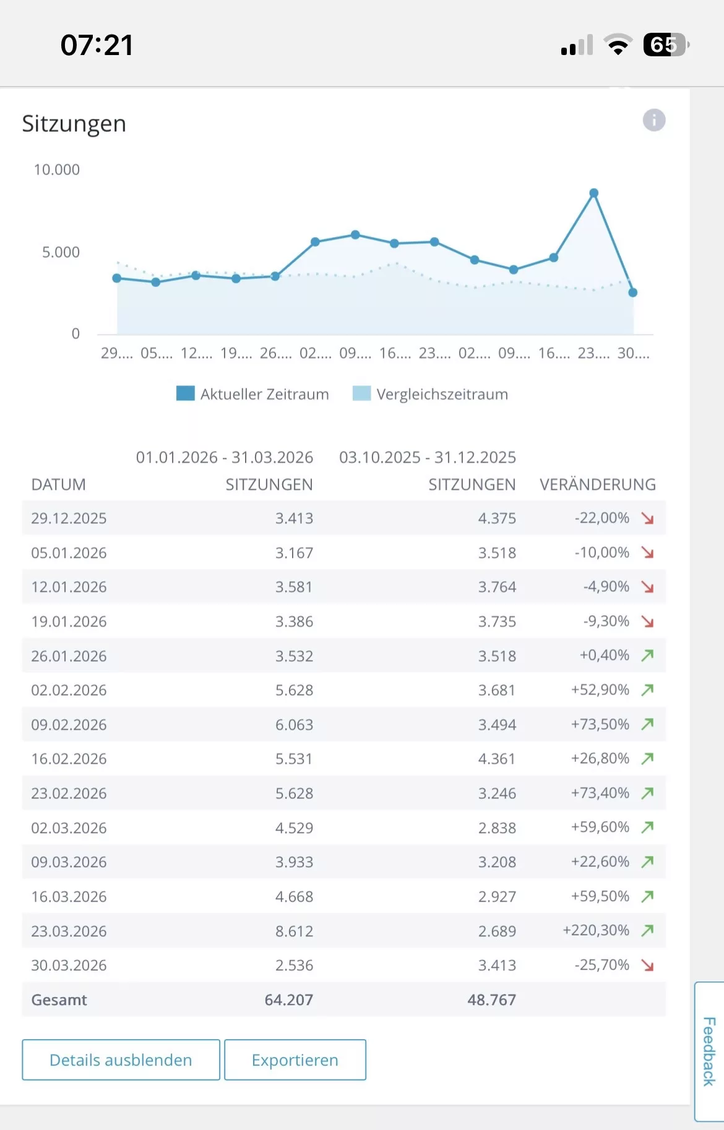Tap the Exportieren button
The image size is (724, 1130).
295,1060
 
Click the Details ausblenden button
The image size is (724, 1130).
121,1060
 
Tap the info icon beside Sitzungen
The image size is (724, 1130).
654,120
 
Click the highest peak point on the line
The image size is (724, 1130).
593,193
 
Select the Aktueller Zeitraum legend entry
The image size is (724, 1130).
252,394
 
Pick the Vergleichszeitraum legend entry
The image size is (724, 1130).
430,394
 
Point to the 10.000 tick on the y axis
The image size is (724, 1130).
56,169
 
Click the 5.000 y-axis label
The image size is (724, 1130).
61,252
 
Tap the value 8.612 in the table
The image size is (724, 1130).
294,931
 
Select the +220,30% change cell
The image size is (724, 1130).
595,930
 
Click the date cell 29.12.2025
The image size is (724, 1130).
69,518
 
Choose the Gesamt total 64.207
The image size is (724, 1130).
288,999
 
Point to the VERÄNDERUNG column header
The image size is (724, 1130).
597,484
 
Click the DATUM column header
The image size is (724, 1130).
58,484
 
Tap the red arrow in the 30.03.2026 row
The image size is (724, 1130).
647,965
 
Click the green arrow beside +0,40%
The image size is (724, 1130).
647,655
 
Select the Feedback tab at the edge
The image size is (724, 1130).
709,1051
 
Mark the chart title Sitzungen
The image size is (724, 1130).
74,124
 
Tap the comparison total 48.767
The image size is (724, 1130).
491,999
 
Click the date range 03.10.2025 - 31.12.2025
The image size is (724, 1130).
427,457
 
